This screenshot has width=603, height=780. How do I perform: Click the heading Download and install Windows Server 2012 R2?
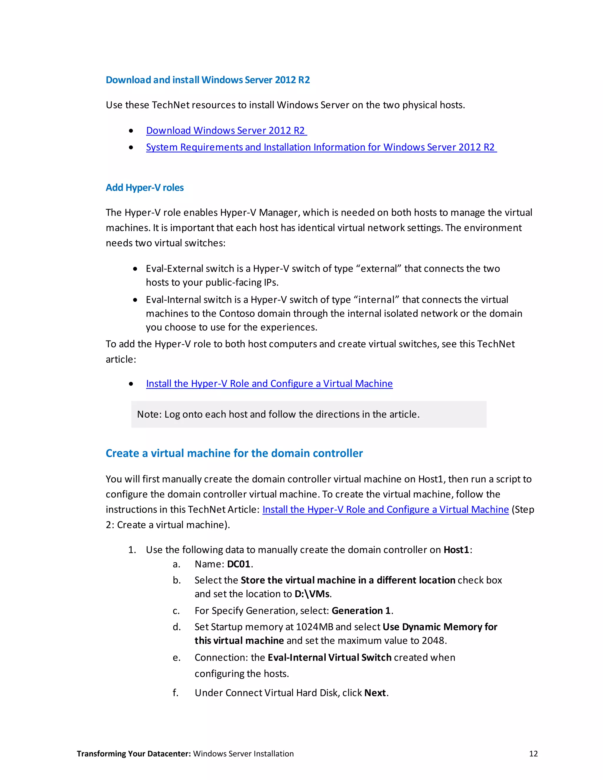208,80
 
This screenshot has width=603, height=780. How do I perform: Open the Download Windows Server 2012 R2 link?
226,130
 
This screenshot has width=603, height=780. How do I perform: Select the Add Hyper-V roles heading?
145,187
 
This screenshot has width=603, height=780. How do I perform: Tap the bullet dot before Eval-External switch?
135,269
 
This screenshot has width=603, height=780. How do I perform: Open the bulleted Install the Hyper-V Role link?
269,384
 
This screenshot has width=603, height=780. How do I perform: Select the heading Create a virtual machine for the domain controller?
234,453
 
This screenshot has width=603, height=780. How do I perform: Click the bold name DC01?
238,564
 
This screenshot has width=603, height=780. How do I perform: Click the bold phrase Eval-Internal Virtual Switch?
329,658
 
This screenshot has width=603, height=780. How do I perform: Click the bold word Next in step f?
375,693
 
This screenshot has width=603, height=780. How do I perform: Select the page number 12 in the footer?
533,754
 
